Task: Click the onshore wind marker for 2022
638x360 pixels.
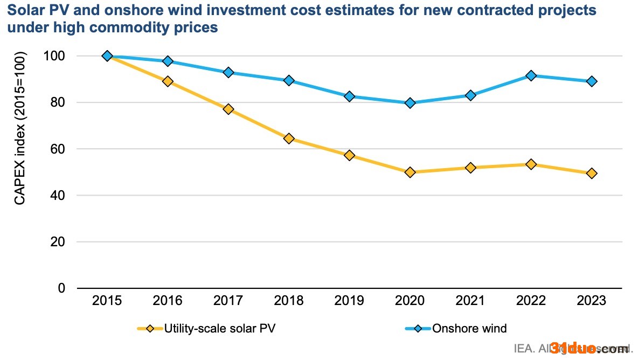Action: [x=531, y=75]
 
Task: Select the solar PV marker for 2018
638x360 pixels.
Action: [x=289, y=139]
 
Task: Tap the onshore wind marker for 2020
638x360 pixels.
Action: [x=410, y=103]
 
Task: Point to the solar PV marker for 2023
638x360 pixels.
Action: [x=592, y=173]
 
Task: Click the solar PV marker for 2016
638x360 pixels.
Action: [x=168, y=81]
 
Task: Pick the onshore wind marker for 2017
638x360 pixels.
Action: [x=228, y=72]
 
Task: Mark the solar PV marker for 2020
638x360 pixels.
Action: [x=410, y=172]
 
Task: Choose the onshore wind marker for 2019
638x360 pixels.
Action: [x=349, y=96]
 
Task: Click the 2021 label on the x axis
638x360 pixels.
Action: [x=470, y=301]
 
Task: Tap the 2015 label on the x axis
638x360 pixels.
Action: [x=107, y=301]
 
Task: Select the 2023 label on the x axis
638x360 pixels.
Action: [x=592, y=301]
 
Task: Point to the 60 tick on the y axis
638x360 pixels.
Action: [x=57, y=149]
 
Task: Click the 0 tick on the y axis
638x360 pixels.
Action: [x=61, y=288]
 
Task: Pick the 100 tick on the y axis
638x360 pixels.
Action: [x=54, y=56]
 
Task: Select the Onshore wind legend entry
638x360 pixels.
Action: [x=469, y=328]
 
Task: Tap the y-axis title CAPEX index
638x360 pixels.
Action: [x=20, y=128]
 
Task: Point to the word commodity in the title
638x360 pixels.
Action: [x=135, y=27]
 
